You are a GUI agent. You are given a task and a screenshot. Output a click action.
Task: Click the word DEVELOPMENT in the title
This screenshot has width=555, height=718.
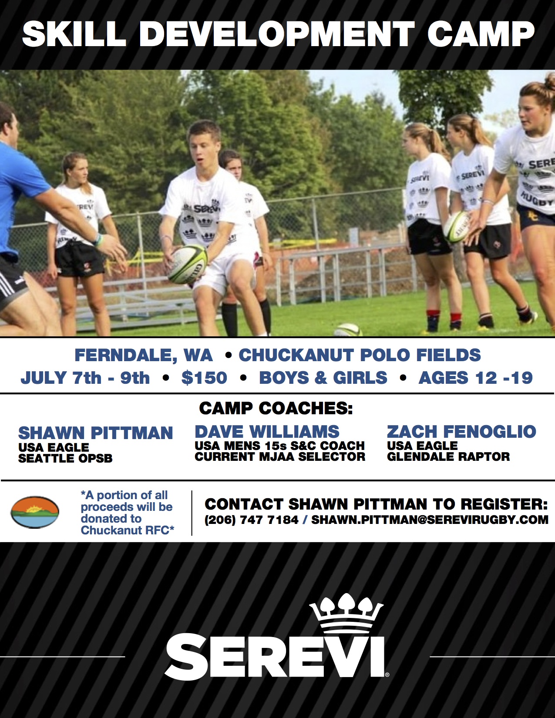pos(277,34)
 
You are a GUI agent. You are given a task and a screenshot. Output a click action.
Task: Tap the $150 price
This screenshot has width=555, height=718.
pos(204,378)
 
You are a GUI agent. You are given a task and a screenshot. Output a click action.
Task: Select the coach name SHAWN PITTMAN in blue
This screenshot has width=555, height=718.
pos(95,433)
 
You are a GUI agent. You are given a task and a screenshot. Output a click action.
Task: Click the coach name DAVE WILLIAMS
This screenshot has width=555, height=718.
pos(267,432)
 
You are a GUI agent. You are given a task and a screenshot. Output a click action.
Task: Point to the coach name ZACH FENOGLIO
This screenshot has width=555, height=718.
pos(461,432)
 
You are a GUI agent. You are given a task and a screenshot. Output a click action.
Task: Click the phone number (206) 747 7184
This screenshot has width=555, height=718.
pos(252,520)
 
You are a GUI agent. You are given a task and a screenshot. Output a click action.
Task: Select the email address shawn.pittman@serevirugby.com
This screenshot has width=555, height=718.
pos(430,520)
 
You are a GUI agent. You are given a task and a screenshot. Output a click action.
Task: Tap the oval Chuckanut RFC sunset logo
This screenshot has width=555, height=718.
pos(35,512)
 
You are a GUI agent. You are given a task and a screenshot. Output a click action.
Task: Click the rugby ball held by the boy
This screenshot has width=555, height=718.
pos(188,264)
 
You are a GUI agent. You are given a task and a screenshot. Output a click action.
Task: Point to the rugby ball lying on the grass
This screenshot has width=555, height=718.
pos(348,330)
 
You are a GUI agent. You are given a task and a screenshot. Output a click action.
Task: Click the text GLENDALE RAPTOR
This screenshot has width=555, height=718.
pos(448,456)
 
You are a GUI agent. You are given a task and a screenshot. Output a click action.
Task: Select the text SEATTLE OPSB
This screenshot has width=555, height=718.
pos(65,458)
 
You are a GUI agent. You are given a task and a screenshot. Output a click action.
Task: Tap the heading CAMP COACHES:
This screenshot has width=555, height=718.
pos(276,409)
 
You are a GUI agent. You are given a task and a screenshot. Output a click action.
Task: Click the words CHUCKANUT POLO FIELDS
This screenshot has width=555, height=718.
pos(360,355)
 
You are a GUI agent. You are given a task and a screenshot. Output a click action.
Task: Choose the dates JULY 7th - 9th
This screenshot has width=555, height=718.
pos(85,378)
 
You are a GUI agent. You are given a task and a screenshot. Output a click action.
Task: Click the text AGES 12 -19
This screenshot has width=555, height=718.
pos(476,378)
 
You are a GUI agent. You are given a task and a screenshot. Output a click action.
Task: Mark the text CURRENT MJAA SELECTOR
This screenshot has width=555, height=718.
pos(280,456)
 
